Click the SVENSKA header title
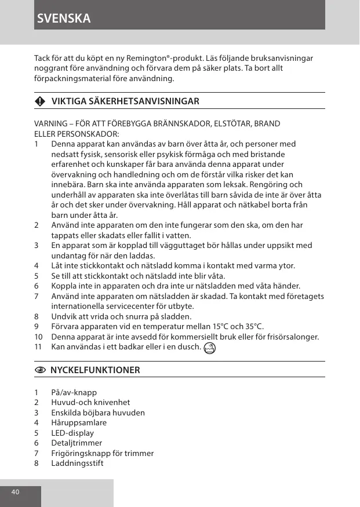[64, 18]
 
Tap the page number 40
[15, 492]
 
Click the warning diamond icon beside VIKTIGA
[39, 101]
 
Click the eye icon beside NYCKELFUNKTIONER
[39, 370]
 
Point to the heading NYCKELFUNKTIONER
[95, 370]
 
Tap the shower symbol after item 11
[210, 348]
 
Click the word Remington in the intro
[183, 59]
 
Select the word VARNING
[51, 124]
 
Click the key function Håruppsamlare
[79, 423]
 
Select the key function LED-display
[72, 433]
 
